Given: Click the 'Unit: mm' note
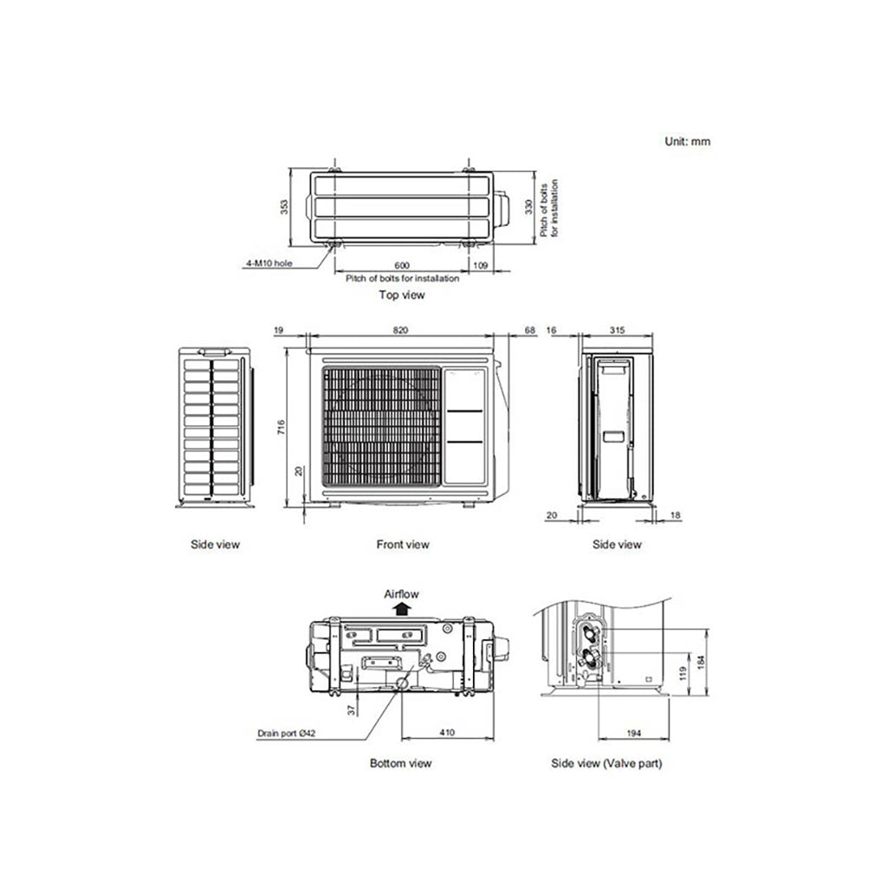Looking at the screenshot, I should point(687,141).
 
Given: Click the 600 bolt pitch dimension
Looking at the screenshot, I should point(401,265).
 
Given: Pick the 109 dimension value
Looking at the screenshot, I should point(483,265).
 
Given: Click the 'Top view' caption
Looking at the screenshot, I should point(402,295).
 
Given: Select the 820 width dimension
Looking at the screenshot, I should point(400,330).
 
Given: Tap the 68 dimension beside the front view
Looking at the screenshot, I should point(531,330).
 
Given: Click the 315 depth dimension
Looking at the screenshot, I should point(618,330).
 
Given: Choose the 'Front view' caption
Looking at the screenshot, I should point(402,545).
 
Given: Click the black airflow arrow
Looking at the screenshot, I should point(401,609).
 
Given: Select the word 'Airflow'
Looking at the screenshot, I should point(401,594).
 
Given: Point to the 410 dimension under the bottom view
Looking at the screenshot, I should point(446,733).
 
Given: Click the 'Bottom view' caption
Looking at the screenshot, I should point(400,763).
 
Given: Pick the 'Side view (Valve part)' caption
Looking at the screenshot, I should point(607,763).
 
